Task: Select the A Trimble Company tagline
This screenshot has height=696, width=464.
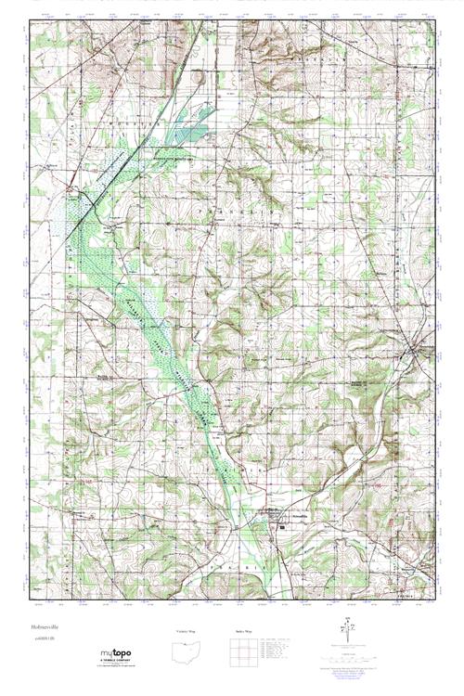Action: pyautogui.click(x=118, y=663)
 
